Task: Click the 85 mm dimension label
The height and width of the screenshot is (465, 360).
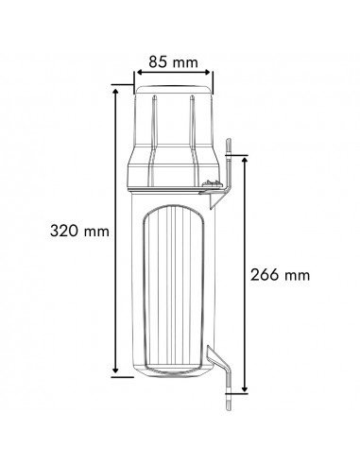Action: (173, 62)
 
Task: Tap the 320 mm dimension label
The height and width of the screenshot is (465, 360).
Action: (79, 231)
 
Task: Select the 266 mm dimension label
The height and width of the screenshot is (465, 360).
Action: (280, 275)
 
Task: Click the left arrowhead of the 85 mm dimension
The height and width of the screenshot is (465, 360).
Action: (140, 73)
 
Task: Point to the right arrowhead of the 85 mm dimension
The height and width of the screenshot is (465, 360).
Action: (207, 73)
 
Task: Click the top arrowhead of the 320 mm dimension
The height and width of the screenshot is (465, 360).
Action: (115, 92)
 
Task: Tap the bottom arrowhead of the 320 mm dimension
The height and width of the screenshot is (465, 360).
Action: (115, 370)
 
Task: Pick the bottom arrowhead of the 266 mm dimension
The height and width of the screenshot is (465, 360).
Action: (245, 388)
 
